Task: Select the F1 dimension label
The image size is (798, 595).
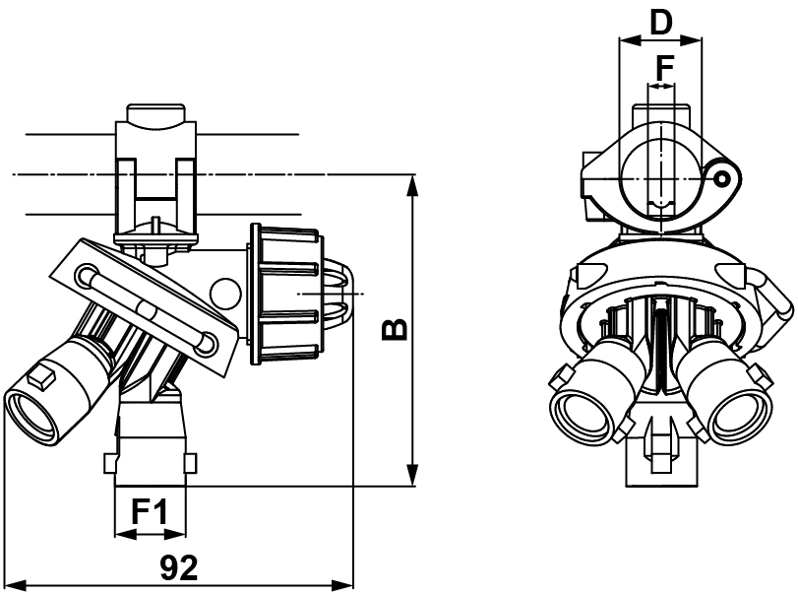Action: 150,513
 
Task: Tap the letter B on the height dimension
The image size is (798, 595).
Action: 394,329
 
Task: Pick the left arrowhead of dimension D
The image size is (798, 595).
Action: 624,41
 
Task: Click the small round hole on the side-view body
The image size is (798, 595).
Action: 225,293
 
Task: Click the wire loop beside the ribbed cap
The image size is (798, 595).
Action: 339,294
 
